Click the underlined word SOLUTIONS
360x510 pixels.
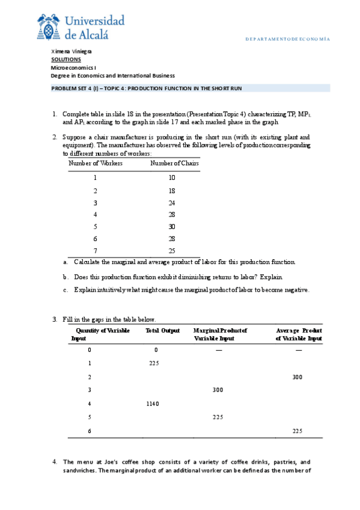[x=66, y=60]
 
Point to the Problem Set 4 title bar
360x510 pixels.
[x=190, y=88]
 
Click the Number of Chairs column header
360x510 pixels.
[x=174, y=163]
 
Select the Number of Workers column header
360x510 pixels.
[x=96, y=163]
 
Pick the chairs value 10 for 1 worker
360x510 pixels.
[x=172, y=177]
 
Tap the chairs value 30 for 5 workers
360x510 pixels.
[x=172, y=227]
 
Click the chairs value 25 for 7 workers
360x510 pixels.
[x=172, y=251]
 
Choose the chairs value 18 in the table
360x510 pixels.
[x=172, y=190]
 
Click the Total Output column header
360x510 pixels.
[x=163, y=331]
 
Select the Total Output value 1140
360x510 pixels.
[x=152, y=404]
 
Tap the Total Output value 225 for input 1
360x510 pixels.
[x=154, y=363]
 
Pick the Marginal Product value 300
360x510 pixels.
[x=218, y=390]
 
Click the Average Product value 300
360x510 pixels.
[x=297, y=376]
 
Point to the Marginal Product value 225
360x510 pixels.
[x=218, y=417]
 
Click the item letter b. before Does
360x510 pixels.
[x=66, y=277]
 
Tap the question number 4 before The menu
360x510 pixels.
[x=55, y=461]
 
